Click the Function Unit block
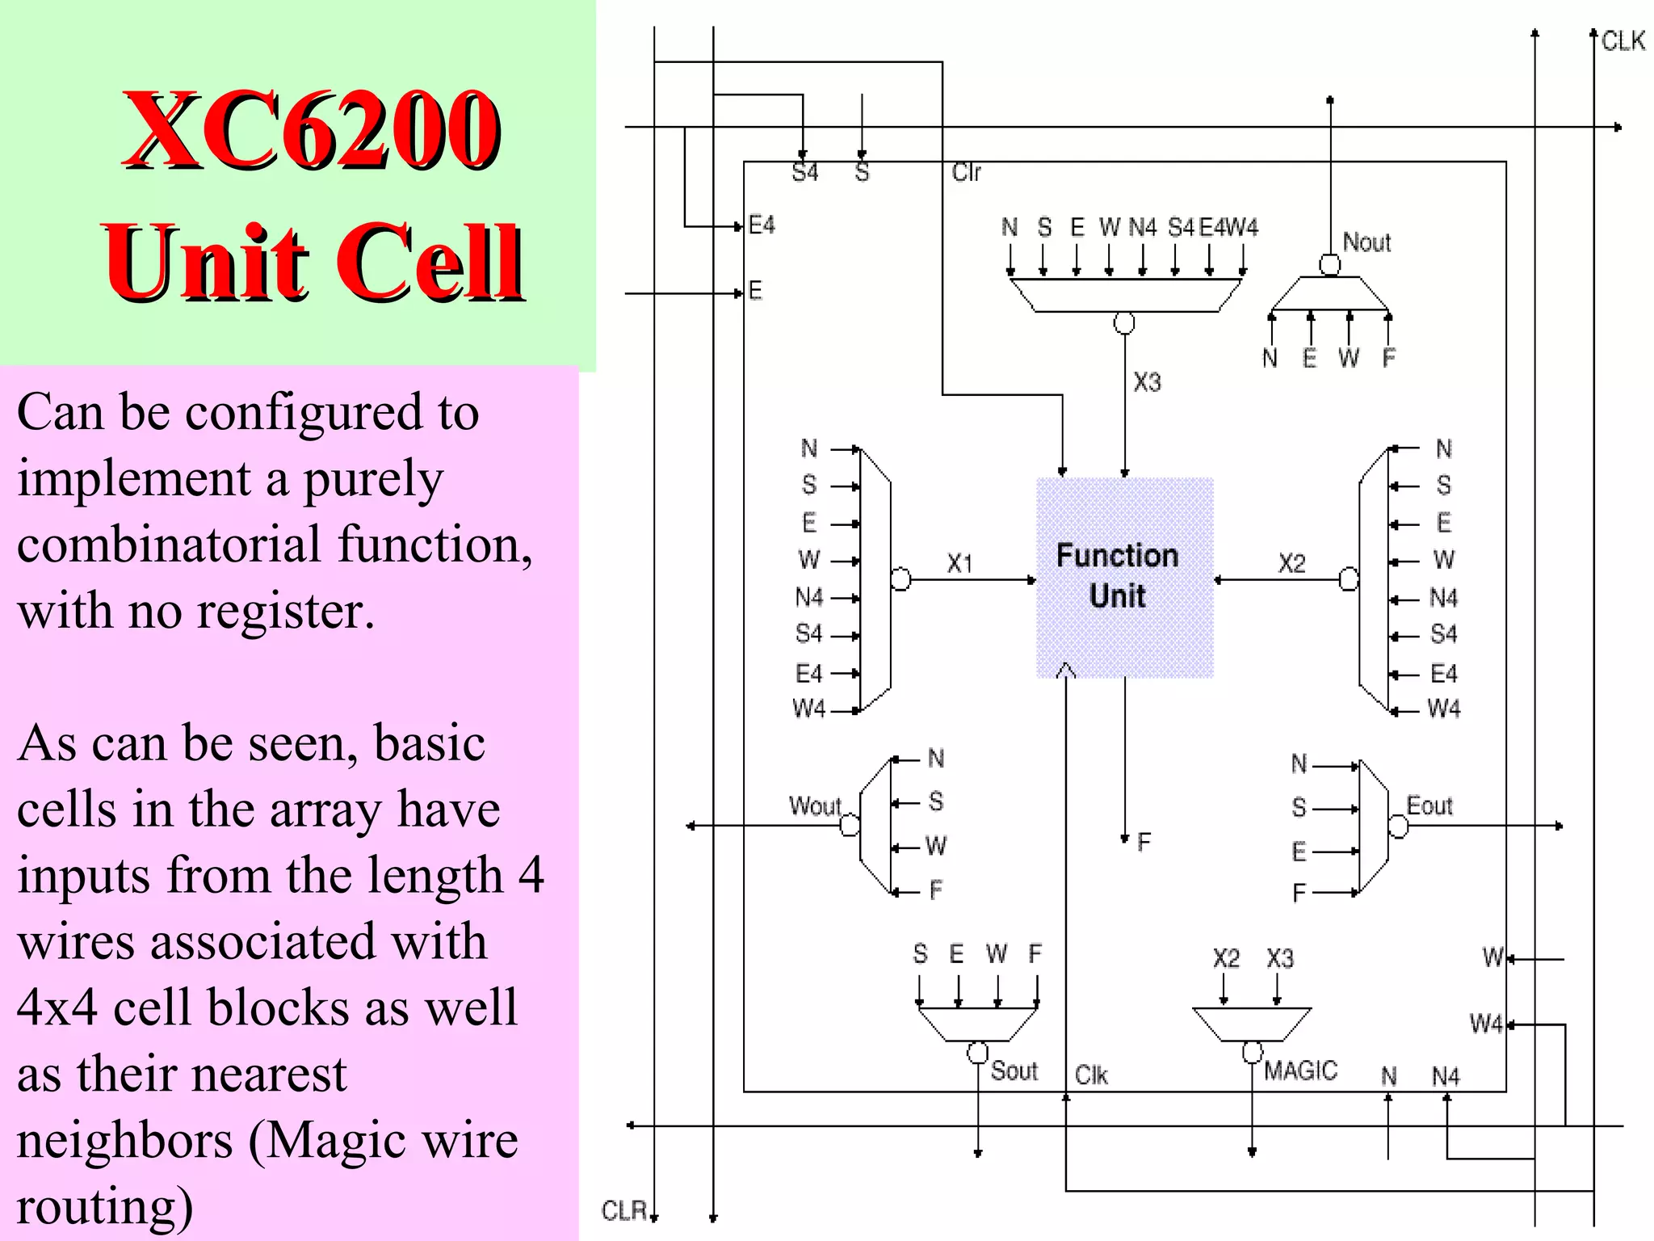tap(1124, 577)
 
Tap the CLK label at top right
tap(1623, 40)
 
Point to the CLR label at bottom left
tap(624, 1210)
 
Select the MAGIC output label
tap(1300, 1071)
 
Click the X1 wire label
tap(959, 563)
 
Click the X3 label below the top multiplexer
tap(1147, 382)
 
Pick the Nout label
tap(1366, 242)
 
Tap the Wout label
tap(814, 806)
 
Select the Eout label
tap(1429, 806)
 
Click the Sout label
tap(1014, 1071)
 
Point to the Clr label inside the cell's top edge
tap(966, 172)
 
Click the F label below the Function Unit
tap(1144, 843)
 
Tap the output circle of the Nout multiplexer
tap(1330, 264)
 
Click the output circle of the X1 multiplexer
tap(900, 579)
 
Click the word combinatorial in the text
tap(170, 544)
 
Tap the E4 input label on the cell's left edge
tap(761, 225)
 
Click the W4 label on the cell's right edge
tap(1485, 1024)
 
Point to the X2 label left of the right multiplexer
tap(1291, 563)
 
